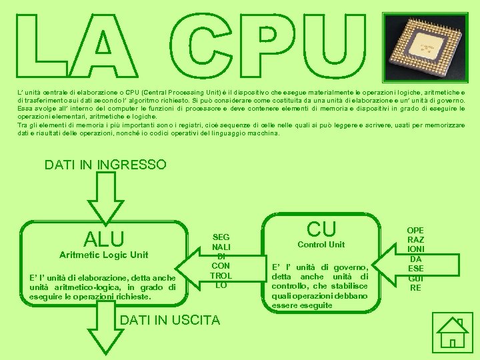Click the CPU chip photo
pyautogui.click(x=423, y=47)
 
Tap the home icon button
pyautogui.click(x=451, y=332)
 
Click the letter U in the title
pyautogui.click(x=338, y=47)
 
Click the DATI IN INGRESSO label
pyautogui.click(x=105, y=165)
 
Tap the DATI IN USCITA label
pyautogui.click(x=169, y=321)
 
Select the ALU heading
pyautogui.click(x=104, y=239)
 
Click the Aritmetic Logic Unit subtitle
pyautogui.click(x=103, y=255)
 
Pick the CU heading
pyautogui.click(x=321, y=229)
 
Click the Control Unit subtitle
pyautogui.click(x=321, y=245)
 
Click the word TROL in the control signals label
pyautogui.click(x=221, y=275)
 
